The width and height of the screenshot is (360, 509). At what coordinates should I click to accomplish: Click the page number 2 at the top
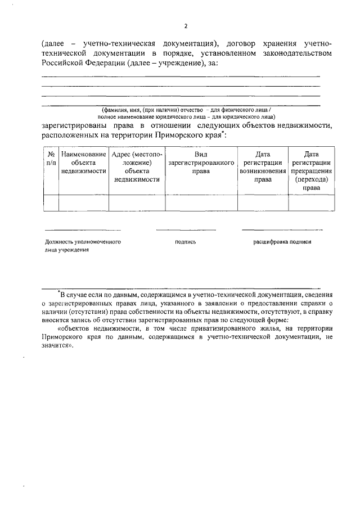pyautogui.click(x=185, y=25)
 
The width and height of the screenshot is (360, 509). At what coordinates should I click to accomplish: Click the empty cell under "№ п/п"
pyautogui.click(x=51, y=202)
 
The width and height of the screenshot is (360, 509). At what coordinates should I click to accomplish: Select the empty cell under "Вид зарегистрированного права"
pyautogui.click(x=201, y=202)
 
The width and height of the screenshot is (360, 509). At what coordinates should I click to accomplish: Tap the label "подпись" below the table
pyautogui.click(x=185, y=242)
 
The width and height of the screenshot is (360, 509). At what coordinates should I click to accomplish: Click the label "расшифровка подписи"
pyautogui.click(x=282, y=242)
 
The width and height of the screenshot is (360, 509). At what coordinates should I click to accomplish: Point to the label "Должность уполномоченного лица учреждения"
pyautogui.click(x=83, y=246)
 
